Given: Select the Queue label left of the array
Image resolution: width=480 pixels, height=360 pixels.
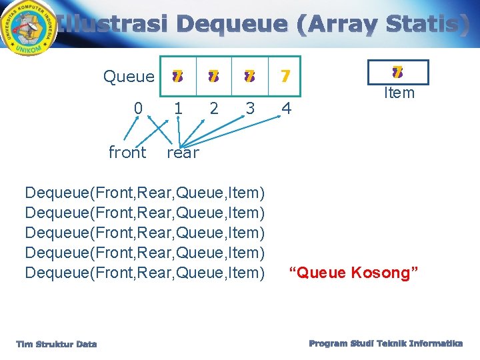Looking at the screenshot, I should (129, 77).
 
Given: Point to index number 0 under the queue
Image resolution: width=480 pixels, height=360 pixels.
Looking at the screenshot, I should (138, 108).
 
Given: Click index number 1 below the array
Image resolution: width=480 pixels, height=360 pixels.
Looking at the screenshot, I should (177, 108).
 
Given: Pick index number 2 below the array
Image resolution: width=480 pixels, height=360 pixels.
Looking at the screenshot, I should (213, 108).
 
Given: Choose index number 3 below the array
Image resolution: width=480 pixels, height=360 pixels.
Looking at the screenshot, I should (249, 108).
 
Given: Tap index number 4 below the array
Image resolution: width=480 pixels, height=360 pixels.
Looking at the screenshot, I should (286, 108).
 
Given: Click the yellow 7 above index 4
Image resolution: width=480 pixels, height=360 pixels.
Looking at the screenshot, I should (285, 77).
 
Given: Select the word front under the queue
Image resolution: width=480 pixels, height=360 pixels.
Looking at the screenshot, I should (127, 153).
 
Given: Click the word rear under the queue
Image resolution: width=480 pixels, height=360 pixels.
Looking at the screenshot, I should (183, 153).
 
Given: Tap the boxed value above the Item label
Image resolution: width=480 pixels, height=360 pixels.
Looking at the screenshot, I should (399, 72).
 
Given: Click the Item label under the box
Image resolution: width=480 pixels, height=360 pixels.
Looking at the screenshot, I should (399, 93).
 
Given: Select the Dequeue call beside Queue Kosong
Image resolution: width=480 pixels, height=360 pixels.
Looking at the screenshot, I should (145, 273).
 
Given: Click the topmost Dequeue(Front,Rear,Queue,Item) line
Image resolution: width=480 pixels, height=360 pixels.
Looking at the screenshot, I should (145, 193).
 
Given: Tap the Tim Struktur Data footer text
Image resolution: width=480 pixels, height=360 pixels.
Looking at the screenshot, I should (57, 344).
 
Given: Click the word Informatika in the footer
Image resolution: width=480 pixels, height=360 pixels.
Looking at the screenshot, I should (437, 343).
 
